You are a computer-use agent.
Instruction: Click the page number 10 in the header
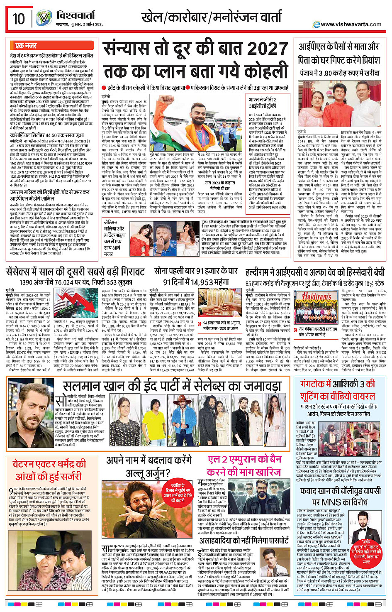pyautogui.click(x=19, y=19)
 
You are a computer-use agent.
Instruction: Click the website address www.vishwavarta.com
pyautogui.click(x=351, y=24)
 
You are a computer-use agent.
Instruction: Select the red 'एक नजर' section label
pyautogui.click(x=26, y=46)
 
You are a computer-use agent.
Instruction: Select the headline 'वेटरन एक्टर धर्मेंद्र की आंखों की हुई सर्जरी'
pyautogui.click(x=49, y=470)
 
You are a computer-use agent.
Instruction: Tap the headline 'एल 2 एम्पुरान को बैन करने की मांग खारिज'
pyautogui.click(x=245, y=465)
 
